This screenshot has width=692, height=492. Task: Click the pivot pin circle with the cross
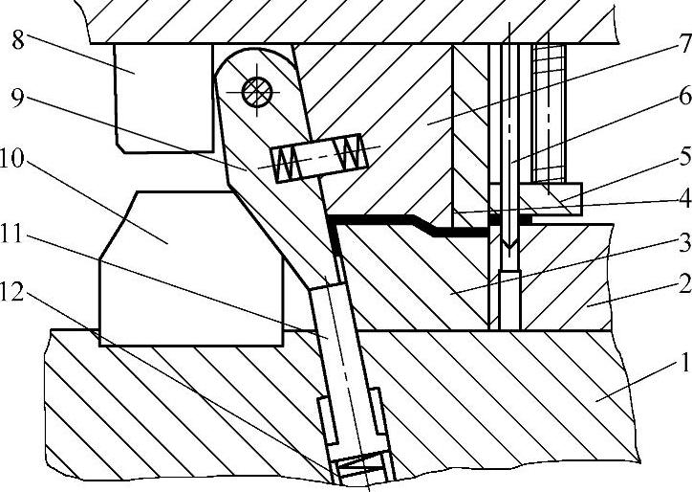(x=257, y=93)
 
